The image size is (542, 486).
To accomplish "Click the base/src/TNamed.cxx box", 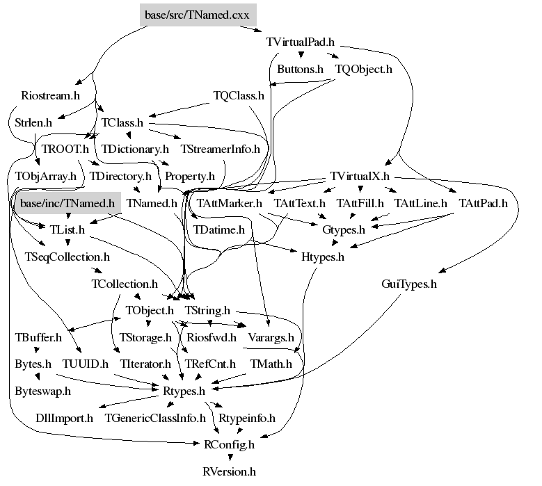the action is pyautogui.click(x=198, y=15).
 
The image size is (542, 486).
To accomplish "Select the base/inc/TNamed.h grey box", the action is pyautogui.click(x=67, y=203).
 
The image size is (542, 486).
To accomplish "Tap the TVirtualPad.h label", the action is pyautogui.click(x=301, y=42).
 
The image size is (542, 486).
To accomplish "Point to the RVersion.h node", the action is pyautogui.click(x=229, y=471).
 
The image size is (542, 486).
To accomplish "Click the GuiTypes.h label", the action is pyautogui.click(x=409, y=284).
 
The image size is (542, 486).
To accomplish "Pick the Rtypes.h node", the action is pyautogui.click(x=184, y=391).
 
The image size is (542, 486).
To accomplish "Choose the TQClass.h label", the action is pyautogui.click(x=239, y=96).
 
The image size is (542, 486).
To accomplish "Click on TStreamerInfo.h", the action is pyautogui.click(x=220, y=149).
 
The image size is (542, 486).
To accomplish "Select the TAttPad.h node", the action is pyautogui.click(x=484, y=203).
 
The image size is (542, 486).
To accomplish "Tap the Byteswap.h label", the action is pyautogui.click(x=43, y=391).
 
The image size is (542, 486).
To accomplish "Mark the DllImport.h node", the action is pyautogui.click(x=64, y=418).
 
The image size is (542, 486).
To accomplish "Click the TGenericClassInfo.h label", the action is pyautogui.click(x=155, y=418).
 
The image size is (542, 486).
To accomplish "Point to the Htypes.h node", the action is pyautogui.click(x=323, y=257).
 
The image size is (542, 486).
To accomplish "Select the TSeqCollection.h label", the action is pyautogui.click(x=67, y=257).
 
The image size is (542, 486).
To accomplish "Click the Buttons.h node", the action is pyautogui.click(x=300, y=69).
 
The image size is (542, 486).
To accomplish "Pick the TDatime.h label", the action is pyautogui.click(x=218, y=230).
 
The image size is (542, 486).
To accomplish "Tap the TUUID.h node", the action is pyautogui.click(x=86, y=364).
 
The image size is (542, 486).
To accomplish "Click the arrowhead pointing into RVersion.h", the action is pyautogui.click(x=230, y=458).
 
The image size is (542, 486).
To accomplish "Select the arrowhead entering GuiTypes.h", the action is pyautogui.click(x=443, y=270).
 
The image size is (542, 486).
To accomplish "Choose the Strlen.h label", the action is pyautogui.click(x=33, y=122).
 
